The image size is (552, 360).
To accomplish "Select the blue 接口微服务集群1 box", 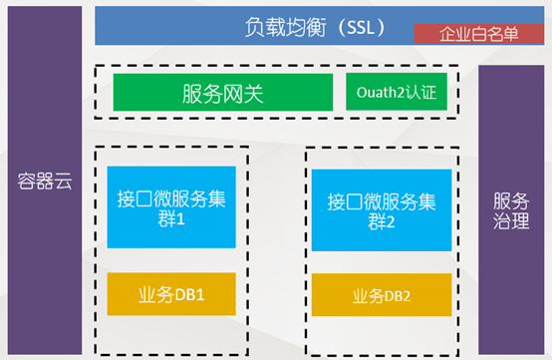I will point(171,207).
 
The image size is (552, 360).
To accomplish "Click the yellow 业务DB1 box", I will point(171,295).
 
